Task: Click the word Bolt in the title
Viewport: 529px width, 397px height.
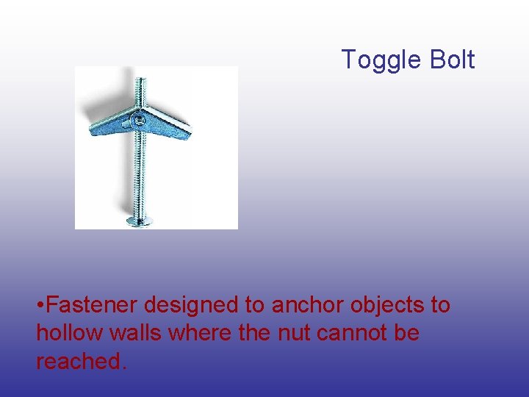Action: coord(453,60)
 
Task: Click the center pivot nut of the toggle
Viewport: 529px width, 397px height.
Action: coord(138,118)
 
